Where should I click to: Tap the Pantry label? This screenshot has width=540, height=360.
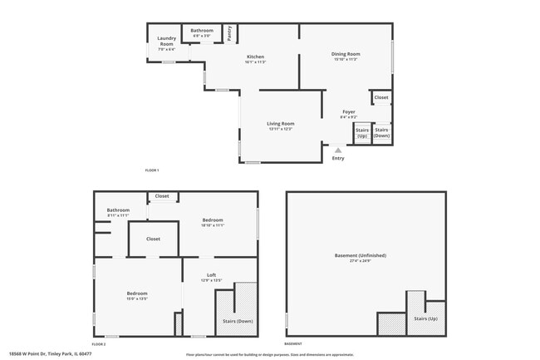tap(229, 33)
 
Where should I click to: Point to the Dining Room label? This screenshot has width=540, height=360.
tap(346, 55)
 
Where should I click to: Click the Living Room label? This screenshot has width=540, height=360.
tap(280, 124)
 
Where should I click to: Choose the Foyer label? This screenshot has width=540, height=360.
tap(349, 111)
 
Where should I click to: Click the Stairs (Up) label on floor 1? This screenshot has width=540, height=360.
tap(362, 132)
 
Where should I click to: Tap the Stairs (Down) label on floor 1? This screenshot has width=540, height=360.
tap(382, 132)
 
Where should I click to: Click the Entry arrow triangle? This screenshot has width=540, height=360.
tap(337, 150)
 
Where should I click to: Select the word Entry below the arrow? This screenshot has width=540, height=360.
tap(337, 158)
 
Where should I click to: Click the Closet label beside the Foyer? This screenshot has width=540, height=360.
tap(381, 98)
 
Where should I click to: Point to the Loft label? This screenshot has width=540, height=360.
tap(211, 275)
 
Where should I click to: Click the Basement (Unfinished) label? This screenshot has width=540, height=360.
tap(360, 255)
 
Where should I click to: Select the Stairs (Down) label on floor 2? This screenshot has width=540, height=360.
tap(238, 321)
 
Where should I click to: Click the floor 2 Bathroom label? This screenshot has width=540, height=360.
tap(118, 210)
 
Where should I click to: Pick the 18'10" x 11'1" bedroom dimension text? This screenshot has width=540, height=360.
tap(213, 225)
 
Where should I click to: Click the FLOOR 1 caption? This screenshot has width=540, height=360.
tap(152, 170)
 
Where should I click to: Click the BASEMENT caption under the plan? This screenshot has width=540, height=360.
tap(293, 343)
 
